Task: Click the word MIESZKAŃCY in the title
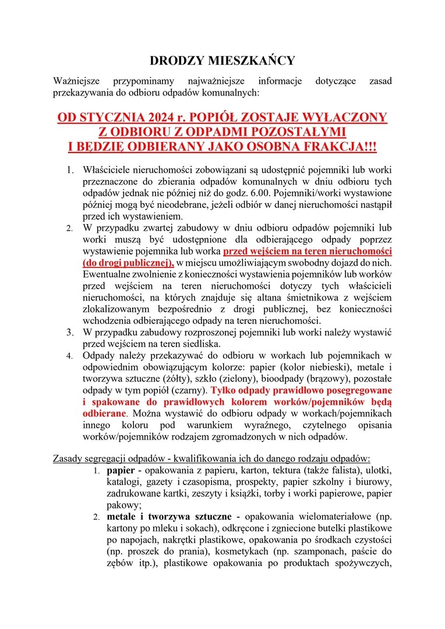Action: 254,61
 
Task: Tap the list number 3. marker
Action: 69,333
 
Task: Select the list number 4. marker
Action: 69,355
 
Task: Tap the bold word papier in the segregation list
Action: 121,469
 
